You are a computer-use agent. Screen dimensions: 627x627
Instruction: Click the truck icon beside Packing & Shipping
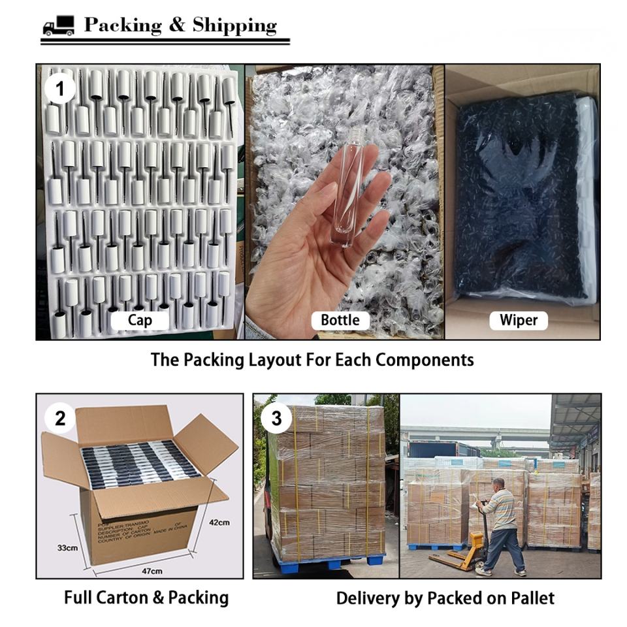pyautogui.click(x=59, y=27)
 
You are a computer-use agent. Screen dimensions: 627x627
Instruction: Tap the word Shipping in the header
pyautogui.click(x=234, y=25)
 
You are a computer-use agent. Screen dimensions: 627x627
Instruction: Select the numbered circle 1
pyautogui.click(x=60, y=88)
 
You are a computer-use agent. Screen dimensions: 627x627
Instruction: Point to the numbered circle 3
pyautogui.click(x=276, y=419)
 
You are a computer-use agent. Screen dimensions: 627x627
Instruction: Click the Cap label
pyautogui.click(x=140, y=320)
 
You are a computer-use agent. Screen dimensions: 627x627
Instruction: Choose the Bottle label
pyautogui.click(x=340, y=320)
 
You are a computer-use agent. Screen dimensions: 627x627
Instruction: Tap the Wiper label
pyautogui.click(x=519, y=320)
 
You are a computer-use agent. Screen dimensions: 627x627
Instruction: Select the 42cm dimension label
pyautogui.click(x=219, y=522)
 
